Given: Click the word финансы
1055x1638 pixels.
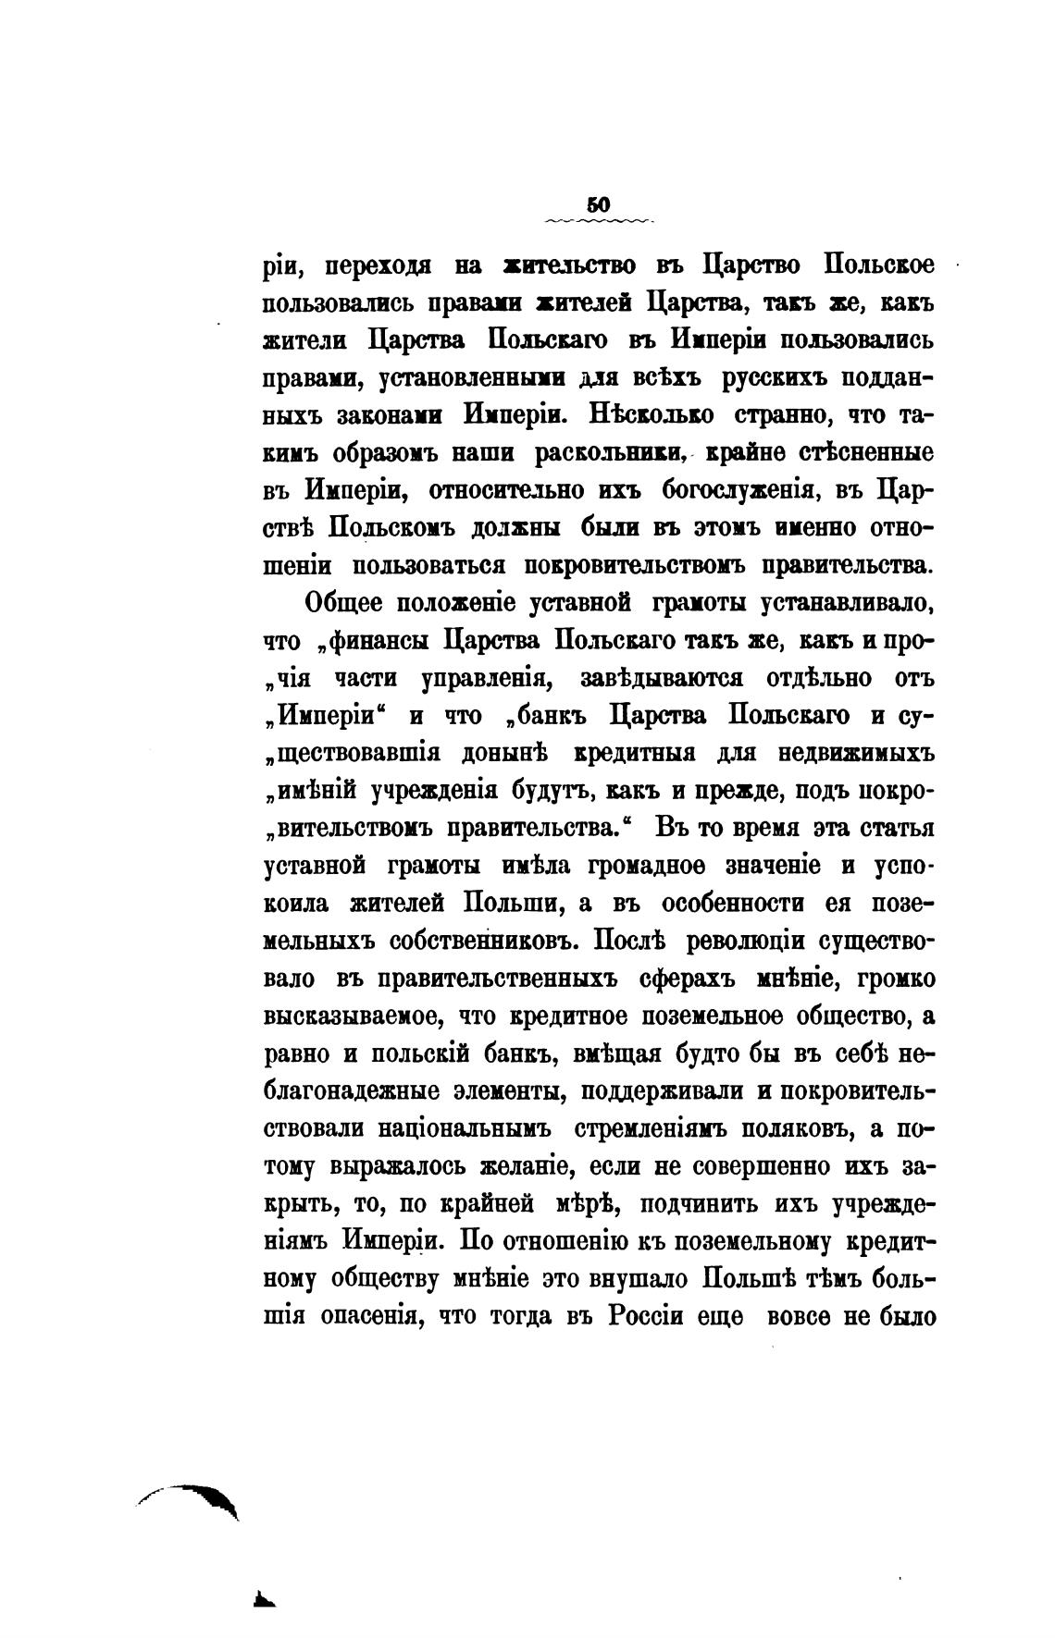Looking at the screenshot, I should [379, 640].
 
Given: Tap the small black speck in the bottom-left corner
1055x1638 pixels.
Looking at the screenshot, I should [267, 1599].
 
